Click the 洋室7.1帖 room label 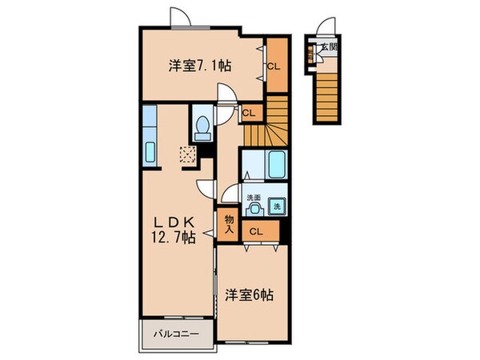click(200, 66)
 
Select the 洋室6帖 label click(250, 295)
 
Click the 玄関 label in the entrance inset click(329, 47)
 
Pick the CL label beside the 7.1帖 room click(274, 66)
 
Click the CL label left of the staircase click(248, 113)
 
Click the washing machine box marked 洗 click(278, 206)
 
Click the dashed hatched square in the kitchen click(188, 154)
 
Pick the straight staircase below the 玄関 click(327, 92)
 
